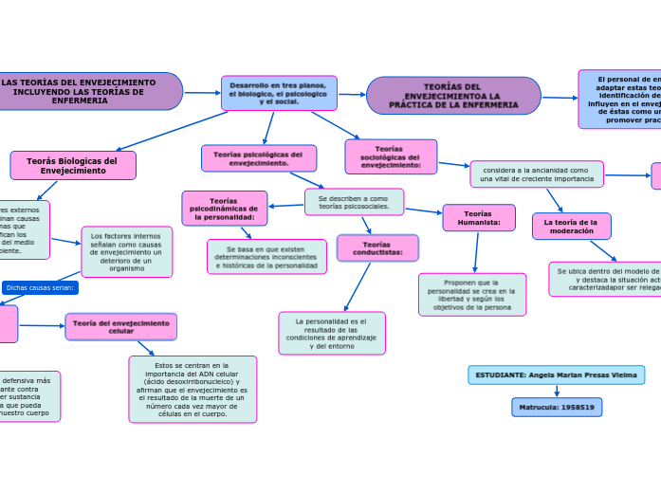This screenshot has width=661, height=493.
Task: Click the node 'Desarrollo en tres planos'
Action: pos(279,93)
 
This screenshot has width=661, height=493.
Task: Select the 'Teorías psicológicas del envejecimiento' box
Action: pos(259,158)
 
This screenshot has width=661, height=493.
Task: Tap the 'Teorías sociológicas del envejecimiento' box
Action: pos(391,156)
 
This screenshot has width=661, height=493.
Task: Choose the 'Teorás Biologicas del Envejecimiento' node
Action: pos(73,165)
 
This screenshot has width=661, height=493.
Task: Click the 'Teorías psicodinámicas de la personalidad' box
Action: pos(224,208)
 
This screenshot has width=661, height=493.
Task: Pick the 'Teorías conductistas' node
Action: pos(377,248)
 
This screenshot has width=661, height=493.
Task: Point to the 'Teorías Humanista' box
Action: pos(479,217)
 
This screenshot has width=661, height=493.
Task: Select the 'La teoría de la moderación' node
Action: pos(572,226)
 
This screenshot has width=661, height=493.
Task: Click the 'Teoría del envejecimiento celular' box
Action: pos(120,326)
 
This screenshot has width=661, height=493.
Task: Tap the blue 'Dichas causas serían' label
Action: pos(40,287)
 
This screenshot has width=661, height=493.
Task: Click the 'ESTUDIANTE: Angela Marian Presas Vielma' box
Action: pos(556,374)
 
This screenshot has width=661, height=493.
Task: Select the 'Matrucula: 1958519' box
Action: pos(557,407)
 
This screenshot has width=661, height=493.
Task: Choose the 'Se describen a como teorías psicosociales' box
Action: pos(354,201)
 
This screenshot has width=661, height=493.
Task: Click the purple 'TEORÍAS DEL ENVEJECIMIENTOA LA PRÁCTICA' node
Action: pos(453,96)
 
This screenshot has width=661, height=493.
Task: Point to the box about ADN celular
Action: pos(192,389)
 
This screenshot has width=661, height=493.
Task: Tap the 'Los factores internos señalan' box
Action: pos(127,251)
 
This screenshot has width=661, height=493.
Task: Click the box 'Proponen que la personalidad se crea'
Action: pos(471,294)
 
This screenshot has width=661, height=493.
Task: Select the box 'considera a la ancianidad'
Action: pos(536,173)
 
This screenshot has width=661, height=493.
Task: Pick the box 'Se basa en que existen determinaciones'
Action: pos(266,256)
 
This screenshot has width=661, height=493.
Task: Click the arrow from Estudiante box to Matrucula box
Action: pos(557,391)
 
